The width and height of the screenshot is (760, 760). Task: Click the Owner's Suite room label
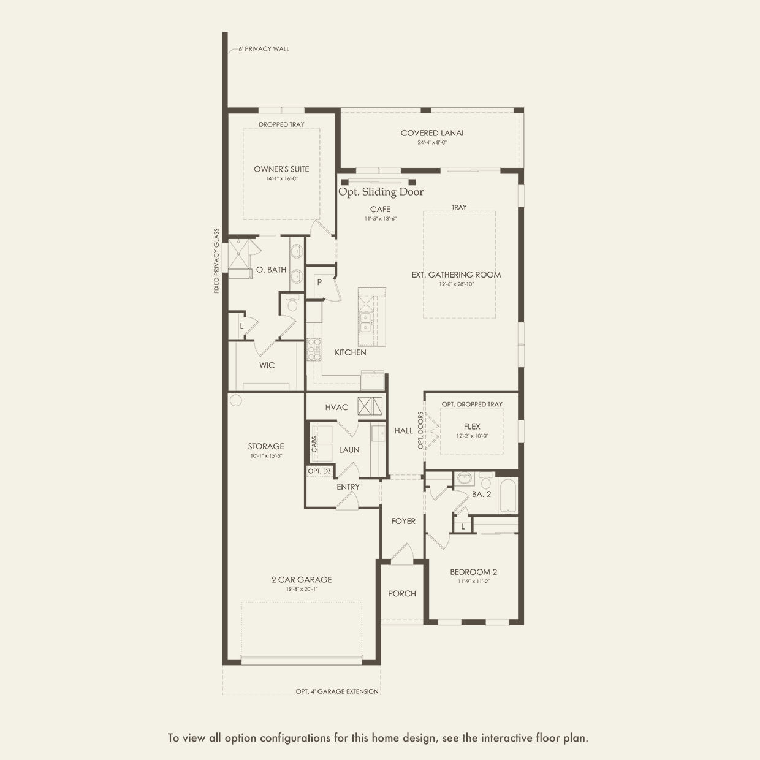pos(281,169)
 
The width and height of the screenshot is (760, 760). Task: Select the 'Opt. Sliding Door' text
pos(381,192)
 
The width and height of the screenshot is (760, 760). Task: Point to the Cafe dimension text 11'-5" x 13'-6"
pos(380,219)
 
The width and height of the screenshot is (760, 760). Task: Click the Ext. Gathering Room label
pos(456,275)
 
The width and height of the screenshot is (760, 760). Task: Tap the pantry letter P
pos(319,283)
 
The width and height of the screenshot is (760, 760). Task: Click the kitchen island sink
pos(365,322)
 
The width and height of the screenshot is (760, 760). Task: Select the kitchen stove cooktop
pos(313,349)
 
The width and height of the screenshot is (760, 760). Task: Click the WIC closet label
pos(267,365)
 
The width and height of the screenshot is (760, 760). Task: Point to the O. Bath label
pos(271,270)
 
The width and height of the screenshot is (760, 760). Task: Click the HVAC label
pos(336,407)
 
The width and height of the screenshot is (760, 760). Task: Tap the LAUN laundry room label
pos(349,450)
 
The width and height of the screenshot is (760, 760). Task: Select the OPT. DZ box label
pos(319,471)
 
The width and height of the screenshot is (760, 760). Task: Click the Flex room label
pos(472,427)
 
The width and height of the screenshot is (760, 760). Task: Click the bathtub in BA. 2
pos(508,496)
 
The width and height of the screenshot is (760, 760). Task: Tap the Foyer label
pos(403,521)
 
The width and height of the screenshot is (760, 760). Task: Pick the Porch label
pos(402,593)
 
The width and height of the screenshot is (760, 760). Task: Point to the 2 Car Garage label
pos(302,579)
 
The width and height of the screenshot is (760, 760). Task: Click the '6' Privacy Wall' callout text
pos(264,49)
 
